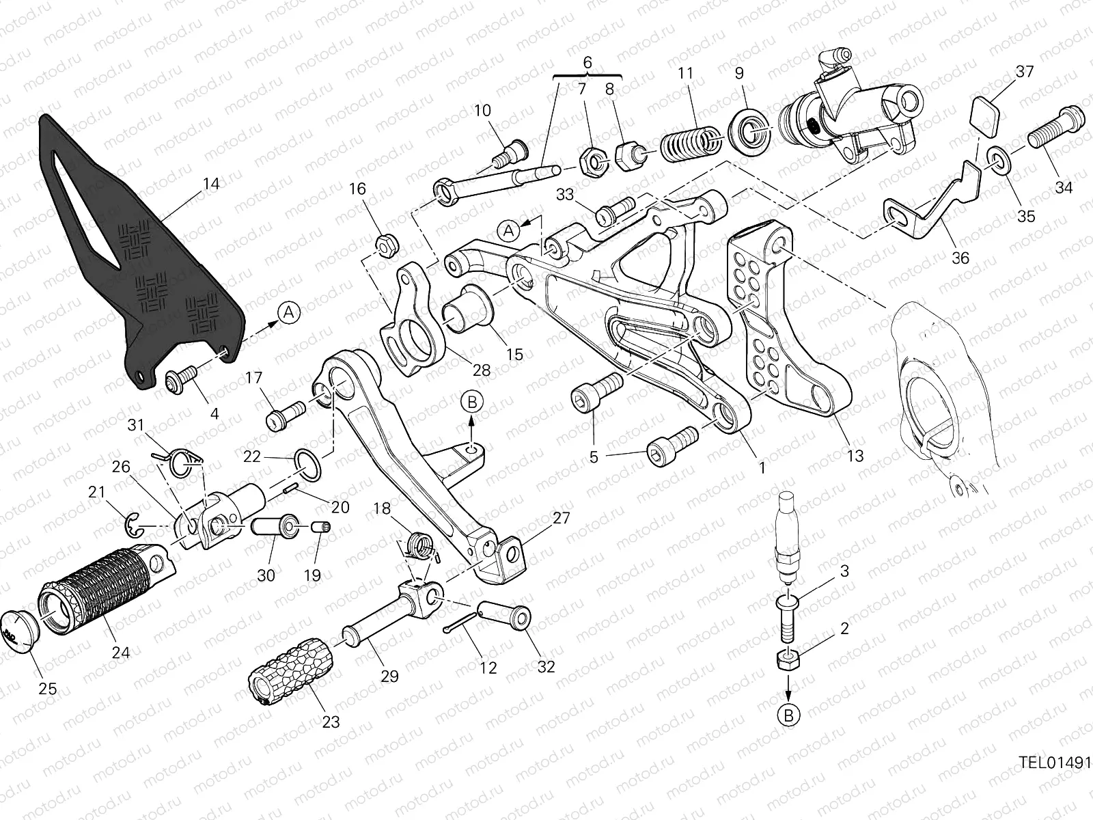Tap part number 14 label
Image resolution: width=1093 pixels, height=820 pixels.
tap(211, 184)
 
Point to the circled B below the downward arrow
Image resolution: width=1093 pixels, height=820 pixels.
tap(789, 715)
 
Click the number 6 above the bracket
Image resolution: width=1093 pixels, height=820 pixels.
tap(587, 63)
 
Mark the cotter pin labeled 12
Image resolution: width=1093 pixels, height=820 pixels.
tap(462, 623)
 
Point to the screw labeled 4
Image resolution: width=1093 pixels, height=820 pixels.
tap(181, 381)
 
